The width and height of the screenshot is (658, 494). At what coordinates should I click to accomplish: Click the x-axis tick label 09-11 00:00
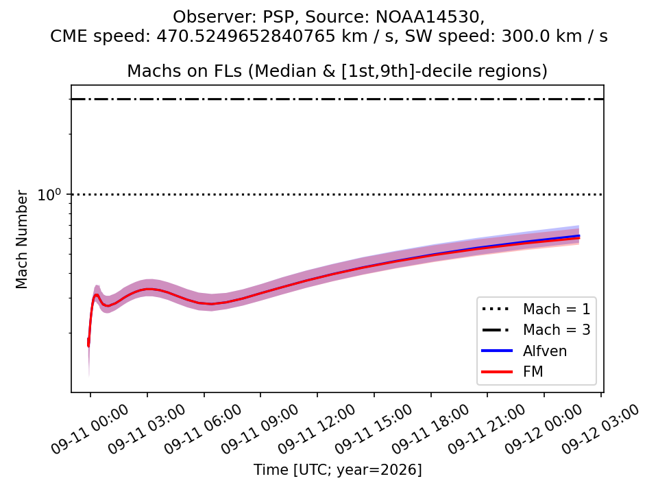pos(89,430)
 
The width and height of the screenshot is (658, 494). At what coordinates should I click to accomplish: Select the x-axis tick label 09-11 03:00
pos(147,430)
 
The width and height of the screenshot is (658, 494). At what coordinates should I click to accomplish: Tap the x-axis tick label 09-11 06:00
pos(203,430)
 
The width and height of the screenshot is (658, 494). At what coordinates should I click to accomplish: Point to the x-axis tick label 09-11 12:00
pos(317,430)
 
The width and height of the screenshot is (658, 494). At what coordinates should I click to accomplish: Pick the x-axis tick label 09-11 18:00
pos(430,430)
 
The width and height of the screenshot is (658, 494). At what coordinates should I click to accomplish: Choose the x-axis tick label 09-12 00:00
pos(544,430)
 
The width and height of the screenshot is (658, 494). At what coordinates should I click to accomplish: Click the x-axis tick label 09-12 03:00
pos(600,430)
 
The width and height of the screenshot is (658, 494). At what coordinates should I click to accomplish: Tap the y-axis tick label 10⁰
pos(49,194)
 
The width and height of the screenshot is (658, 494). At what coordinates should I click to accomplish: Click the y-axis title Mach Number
pos(21,239)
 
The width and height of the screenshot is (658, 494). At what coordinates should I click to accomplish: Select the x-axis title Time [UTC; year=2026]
pos(337,469)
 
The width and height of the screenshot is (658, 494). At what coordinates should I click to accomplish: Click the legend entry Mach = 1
pos(536,309)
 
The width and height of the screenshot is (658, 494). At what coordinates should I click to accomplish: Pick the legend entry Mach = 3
pos(536,330)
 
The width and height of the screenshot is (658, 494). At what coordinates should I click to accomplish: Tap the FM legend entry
pos(513,372)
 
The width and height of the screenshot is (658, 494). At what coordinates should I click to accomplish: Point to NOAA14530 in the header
pos(428,17)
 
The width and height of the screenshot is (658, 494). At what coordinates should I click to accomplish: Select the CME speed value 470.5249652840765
pos(247,36)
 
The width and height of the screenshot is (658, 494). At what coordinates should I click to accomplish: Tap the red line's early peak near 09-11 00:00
pos(97,294)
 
